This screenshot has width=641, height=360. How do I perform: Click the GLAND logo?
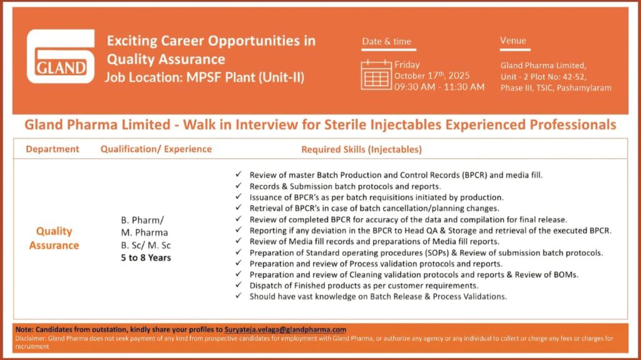click(61, 56)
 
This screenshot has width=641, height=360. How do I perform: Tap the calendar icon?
click(376, 75)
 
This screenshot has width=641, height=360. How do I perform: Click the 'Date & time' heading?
click(387, 41)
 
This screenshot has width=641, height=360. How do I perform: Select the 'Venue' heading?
click(513, 41)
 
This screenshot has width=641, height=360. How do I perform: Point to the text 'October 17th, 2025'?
click(432, 76)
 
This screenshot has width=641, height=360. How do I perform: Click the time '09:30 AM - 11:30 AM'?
click(439, 87)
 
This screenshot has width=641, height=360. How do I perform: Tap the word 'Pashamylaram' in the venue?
click(584, 88)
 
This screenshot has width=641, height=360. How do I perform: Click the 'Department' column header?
click(53, 149)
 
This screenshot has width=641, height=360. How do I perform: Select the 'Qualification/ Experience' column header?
click(156, 149)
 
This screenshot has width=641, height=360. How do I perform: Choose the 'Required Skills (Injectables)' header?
click(361, 149)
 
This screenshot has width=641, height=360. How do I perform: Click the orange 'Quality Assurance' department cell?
click(54, 238)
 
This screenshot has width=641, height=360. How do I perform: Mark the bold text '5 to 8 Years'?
click(146, 258)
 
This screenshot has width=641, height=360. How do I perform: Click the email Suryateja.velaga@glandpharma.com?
click(285, 329)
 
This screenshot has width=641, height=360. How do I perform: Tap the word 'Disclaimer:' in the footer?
click(31, 338)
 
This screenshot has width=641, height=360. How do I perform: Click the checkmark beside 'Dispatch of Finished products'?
click(238, 285)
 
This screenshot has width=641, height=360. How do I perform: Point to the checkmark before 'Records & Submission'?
click(238, 185)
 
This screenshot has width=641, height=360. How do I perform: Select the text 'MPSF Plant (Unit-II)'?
click(245, 77)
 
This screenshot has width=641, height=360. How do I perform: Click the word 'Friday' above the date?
click(407, 64)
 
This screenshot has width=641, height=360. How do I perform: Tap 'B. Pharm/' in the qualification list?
click(142, 220)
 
